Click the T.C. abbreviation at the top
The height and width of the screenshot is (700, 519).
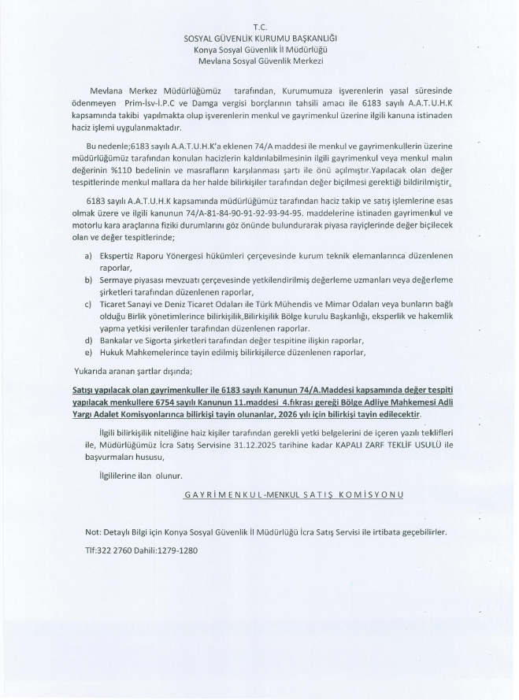(260, 27)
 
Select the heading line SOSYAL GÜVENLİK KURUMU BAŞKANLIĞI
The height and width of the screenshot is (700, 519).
(260, 38)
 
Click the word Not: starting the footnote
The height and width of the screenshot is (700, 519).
(93, 531)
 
